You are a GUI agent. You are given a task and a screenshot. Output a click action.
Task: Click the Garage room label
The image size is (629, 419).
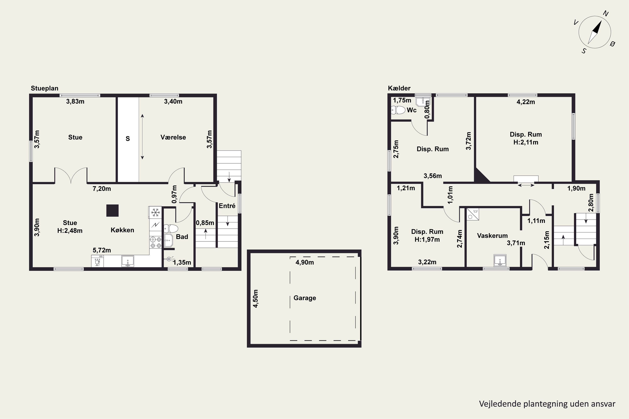305,298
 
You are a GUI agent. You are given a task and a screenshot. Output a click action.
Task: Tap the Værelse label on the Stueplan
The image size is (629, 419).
173,137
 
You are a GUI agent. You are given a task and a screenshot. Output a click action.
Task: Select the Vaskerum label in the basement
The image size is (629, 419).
492,236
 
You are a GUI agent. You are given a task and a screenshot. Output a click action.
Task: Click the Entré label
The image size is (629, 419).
227,206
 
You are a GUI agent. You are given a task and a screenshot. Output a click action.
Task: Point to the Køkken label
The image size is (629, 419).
122,230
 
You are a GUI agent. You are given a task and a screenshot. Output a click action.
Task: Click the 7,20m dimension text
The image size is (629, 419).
102,189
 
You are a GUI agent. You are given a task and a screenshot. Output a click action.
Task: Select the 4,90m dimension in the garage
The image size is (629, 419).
305,263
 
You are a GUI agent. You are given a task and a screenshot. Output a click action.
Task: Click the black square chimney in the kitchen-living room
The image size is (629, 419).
112,210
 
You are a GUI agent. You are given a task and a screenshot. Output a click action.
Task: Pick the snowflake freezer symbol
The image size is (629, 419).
155,213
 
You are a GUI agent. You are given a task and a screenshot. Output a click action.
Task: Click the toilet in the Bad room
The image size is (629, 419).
171,229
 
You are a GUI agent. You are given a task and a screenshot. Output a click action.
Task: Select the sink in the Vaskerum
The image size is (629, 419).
500,260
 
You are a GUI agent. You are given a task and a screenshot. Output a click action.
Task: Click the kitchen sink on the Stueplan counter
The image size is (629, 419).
127,261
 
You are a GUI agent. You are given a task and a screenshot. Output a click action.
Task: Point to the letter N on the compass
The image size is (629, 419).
606,14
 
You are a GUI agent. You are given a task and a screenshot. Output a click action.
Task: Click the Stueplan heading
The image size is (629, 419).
45,88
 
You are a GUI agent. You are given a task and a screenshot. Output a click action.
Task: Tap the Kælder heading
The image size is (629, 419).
399,88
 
